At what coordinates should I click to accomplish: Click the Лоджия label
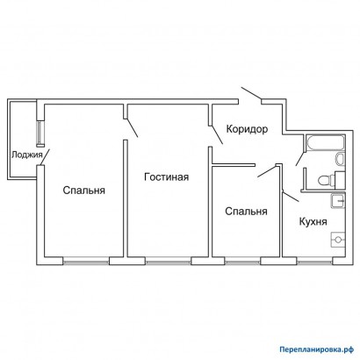pyautogui.click(x=26, y=155)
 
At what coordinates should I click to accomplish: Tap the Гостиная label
pyautogui.click(x=166, y=176)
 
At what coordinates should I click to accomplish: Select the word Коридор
pyautogui.click(x=247, y=129)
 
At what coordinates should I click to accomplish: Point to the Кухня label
pyautogui.click(x=313, y=221)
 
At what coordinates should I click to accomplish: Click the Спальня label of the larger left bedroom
pyautogui.click(x=84, y=191)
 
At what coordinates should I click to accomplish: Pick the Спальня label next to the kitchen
pyautogui.click(x=246, y=211)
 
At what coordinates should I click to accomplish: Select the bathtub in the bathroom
pyautogui.click(x=325, y=142)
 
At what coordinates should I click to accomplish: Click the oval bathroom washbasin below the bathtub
pyautogui.click(x=340, y=159)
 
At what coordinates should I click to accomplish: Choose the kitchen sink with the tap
pyautogui.click(x=338, y=201)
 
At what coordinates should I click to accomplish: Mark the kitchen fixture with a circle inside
pyautogui.click(x=338, y=240)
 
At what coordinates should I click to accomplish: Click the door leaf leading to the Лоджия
pyautogui.click(x=45, y=157)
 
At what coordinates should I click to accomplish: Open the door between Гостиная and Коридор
pyautogui.click(x=217, y=134)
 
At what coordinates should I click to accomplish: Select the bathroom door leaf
pyautogui.click(x=300, y=159)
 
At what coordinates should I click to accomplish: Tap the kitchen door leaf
pyautogui.click(x=291, y=197)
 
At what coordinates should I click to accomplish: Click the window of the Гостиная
pyautogui.click(x=169, y=262)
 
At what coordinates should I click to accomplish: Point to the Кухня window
pyautogui.click(x=314, y=262)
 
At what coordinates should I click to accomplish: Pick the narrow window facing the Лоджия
pyautogui.click(x=40, y=133)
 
